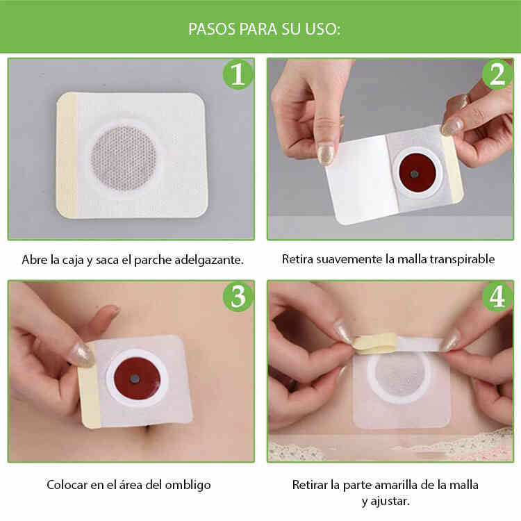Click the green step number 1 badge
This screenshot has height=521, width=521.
[238, 74]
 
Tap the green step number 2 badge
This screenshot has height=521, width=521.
[497, 74]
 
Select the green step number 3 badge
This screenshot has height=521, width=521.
[238, 297]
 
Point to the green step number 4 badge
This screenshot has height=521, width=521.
[497, 297]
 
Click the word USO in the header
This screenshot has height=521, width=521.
[323, 29]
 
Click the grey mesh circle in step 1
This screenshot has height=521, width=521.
[123, 158]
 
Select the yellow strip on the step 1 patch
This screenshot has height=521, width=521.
[67, 156]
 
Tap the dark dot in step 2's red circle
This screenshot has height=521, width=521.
[414, 174]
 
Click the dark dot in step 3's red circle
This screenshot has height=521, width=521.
[135, 378]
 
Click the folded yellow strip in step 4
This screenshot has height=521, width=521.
[375, 342]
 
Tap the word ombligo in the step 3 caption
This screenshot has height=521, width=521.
[188, 485]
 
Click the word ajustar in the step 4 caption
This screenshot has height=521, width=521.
[389, 501]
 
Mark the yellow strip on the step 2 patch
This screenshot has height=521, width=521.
[453, 169]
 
